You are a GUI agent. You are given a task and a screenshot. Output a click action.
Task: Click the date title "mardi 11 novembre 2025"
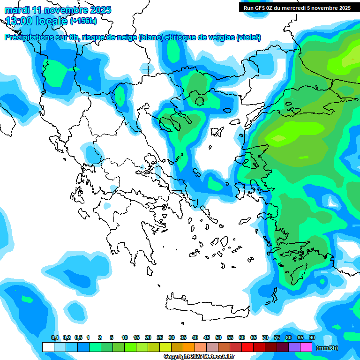(x=58, y=10)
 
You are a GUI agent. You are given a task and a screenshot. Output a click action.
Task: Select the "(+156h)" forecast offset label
(x=83, y=21)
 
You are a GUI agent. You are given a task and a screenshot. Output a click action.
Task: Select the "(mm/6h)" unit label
(x=327, y=348)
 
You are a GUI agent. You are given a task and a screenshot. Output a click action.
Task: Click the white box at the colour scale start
(x=48, y=347)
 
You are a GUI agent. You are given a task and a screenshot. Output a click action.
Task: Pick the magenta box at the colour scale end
(x=306, y=347)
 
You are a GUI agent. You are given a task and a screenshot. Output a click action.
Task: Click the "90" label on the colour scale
(x=312, y=337)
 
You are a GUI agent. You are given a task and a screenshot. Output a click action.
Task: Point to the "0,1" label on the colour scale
(x=55, y=337)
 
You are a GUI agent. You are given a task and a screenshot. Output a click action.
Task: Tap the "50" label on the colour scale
(x=218, y=337)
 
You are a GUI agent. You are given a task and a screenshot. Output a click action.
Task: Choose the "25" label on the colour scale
(x=160, y=337)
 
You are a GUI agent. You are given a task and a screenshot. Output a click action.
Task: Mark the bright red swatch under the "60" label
(x=247, y=347)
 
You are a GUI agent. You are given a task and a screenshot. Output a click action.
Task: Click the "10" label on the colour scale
(x=125, y=337)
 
